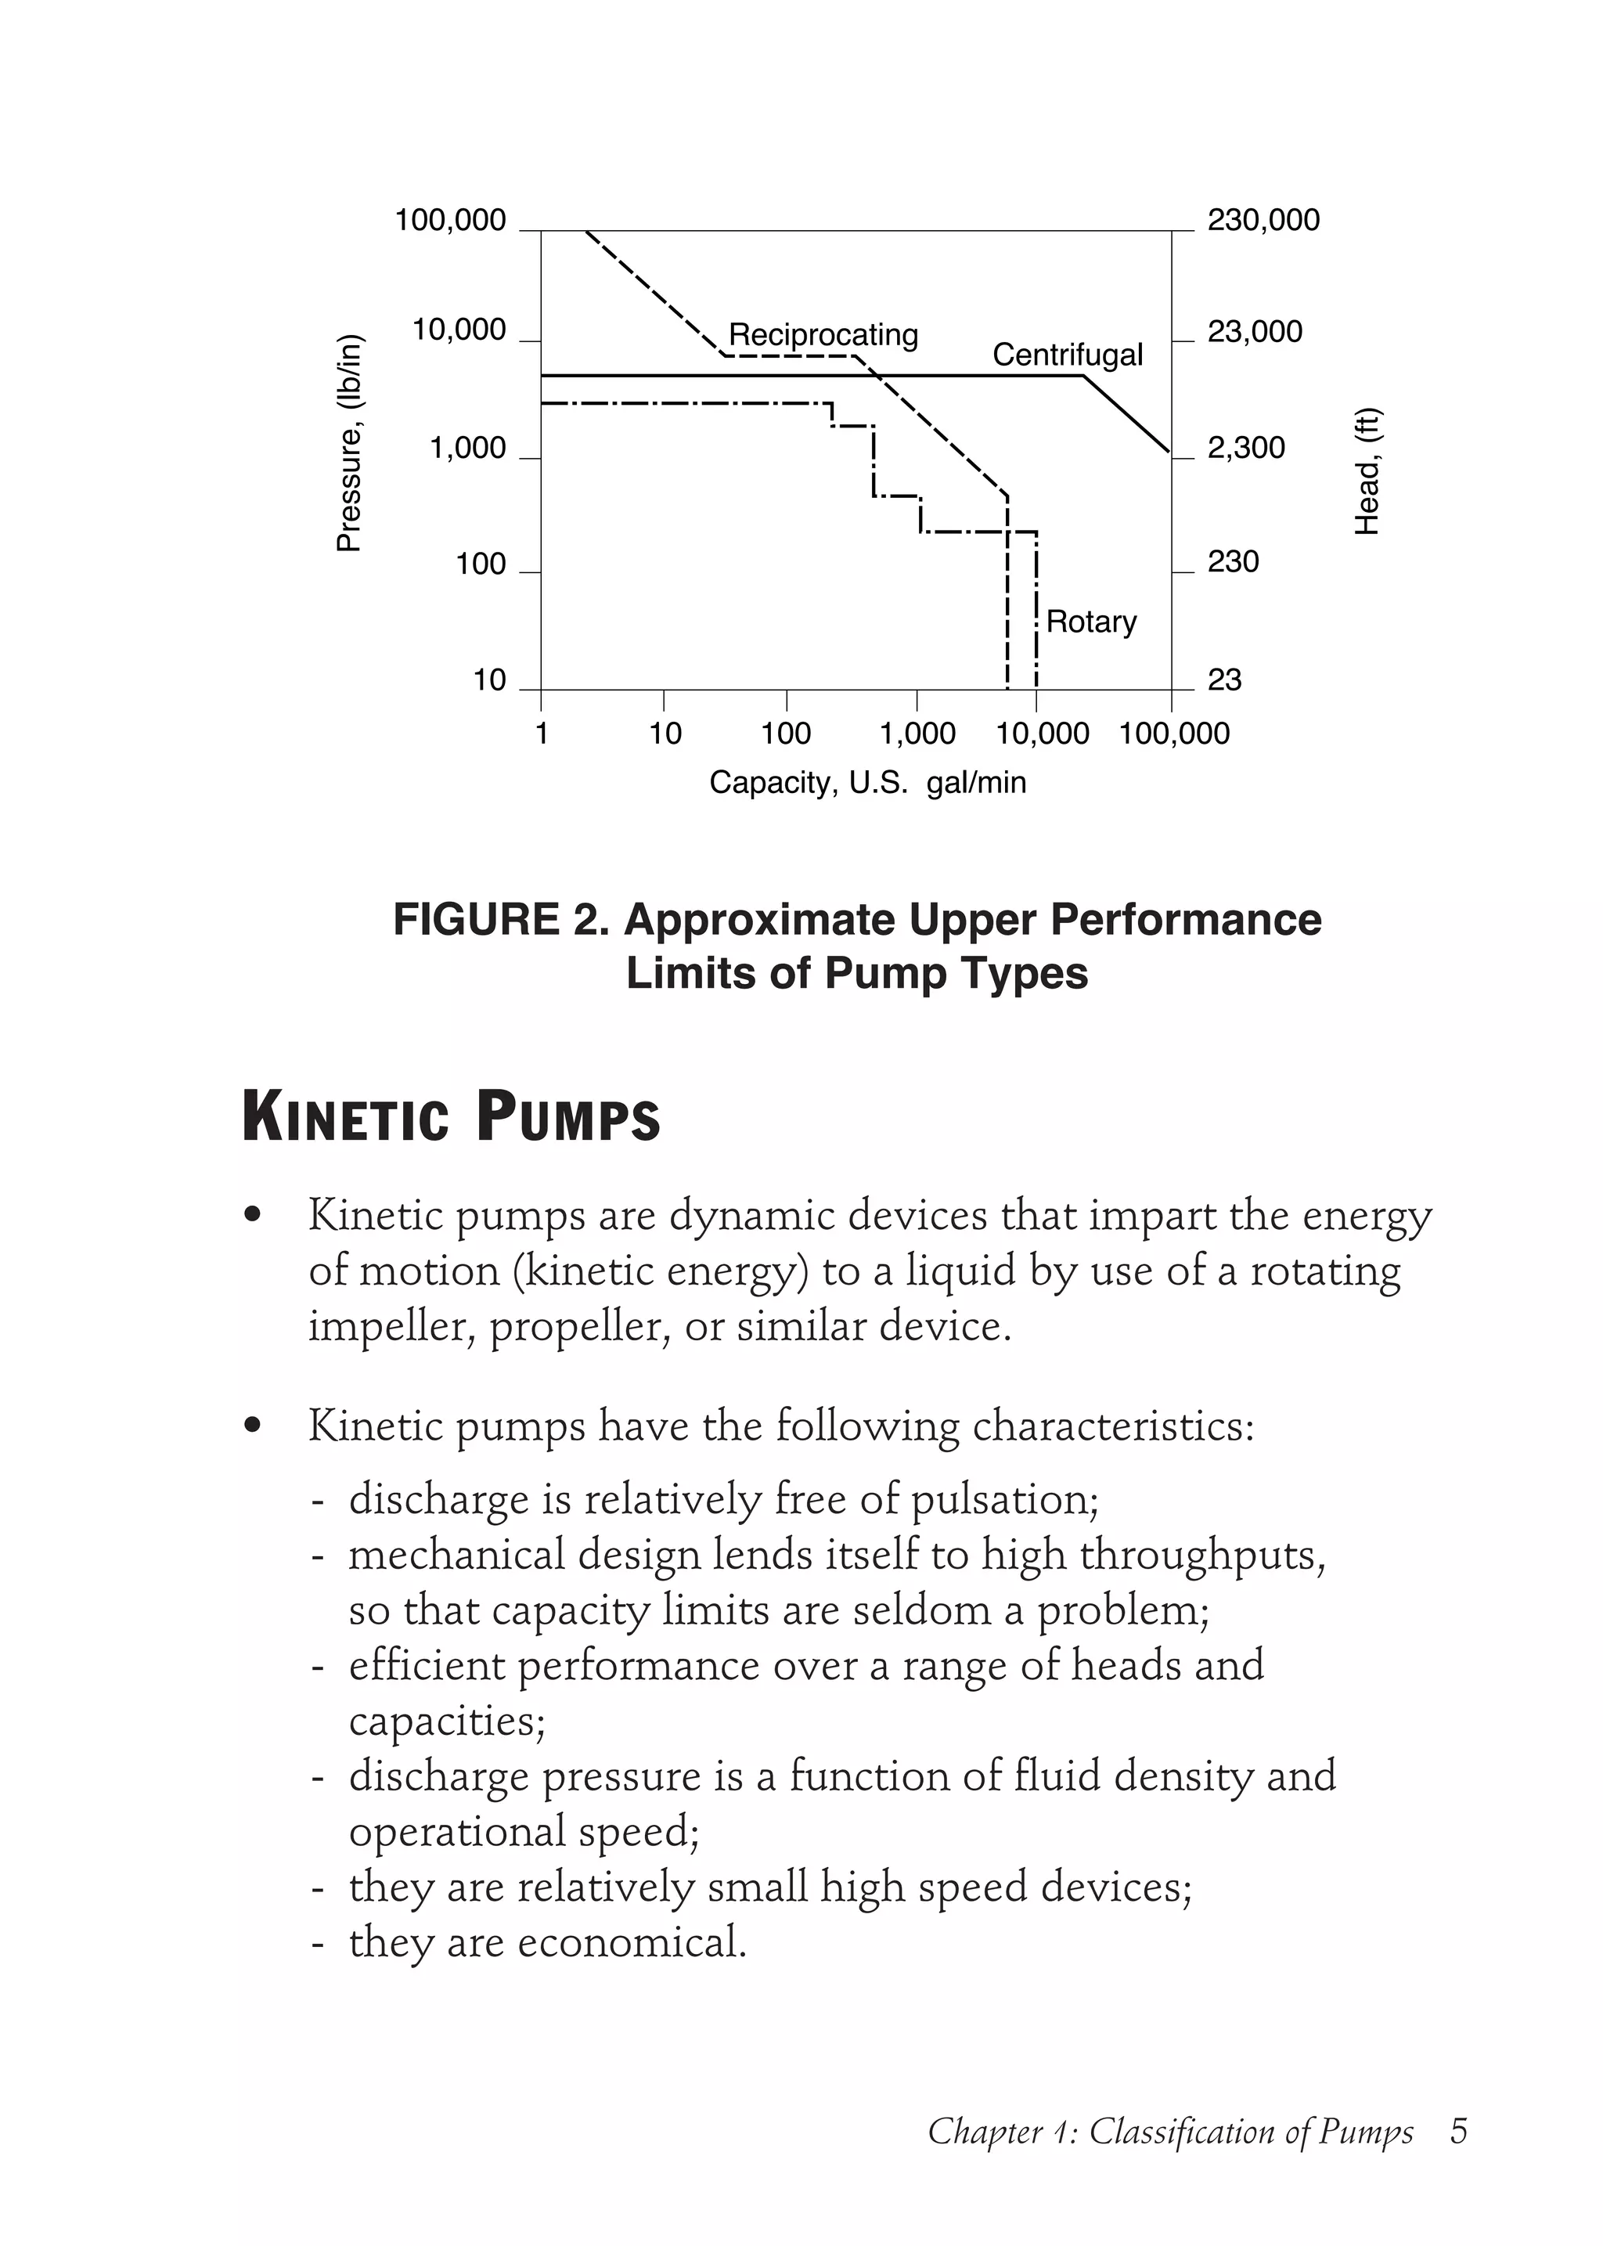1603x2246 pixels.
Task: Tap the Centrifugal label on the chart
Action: coord(1067,355)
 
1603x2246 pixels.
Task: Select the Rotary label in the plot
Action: coord(1090,622)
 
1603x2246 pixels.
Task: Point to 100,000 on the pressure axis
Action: coord(450,220)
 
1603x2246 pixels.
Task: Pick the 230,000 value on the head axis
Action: coord(1263,220)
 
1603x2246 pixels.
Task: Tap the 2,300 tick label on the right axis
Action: coord(1245,449)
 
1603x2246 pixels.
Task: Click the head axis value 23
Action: coord(1224,680)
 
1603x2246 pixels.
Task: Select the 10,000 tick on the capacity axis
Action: coord(1043,734)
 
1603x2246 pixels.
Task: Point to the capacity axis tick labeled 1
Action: coord(541,734)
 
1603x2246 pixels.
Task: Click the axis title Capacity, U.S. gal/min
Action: coord(867,783)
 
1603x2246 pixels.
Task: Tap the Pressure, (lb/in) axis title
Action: coord(349,443)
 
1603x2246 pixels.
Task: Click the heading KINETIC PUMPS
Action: coord(451,1119)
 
